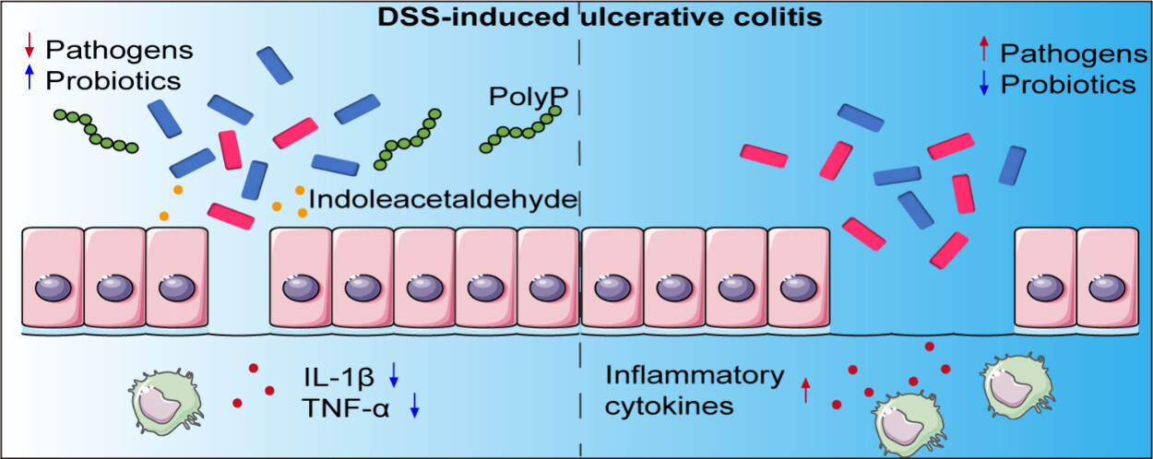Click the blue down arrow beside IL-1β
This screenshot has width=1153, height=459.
394,374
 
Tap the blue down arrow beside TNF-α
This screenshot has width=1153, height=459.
415,405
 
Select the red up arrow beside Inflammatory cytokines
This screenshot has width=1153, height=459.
805,390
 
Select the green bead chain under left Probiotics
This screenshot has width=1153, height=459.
96,132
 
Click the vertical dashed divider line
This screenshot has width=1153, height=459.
579,277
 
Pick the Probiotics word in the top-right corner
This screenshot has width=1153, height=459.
1068,85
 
